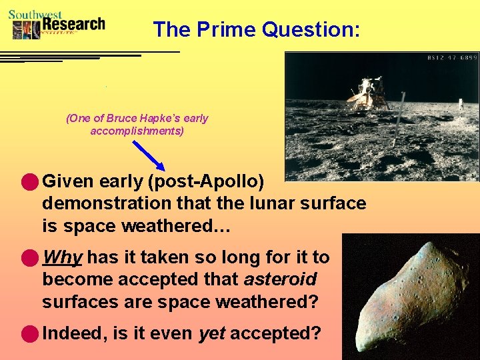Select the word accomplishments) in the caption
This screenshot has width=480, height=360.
coord(137,131)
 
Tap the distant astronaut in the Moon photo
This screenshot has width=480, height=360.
coord(459,104)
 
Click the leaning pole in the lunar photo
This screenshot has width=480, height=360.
coord(399,120)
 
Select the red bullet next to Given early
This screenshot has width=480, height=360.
coord(29,181)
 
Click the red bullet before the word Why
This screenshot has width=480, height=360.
coord(29,257)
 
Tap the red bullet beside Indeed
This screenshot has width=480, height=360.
coord(29,333)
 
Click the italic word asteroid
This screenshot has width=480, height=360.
coord(291,279)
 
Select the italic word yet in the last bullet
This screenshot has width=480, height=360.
coord(211,333)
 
